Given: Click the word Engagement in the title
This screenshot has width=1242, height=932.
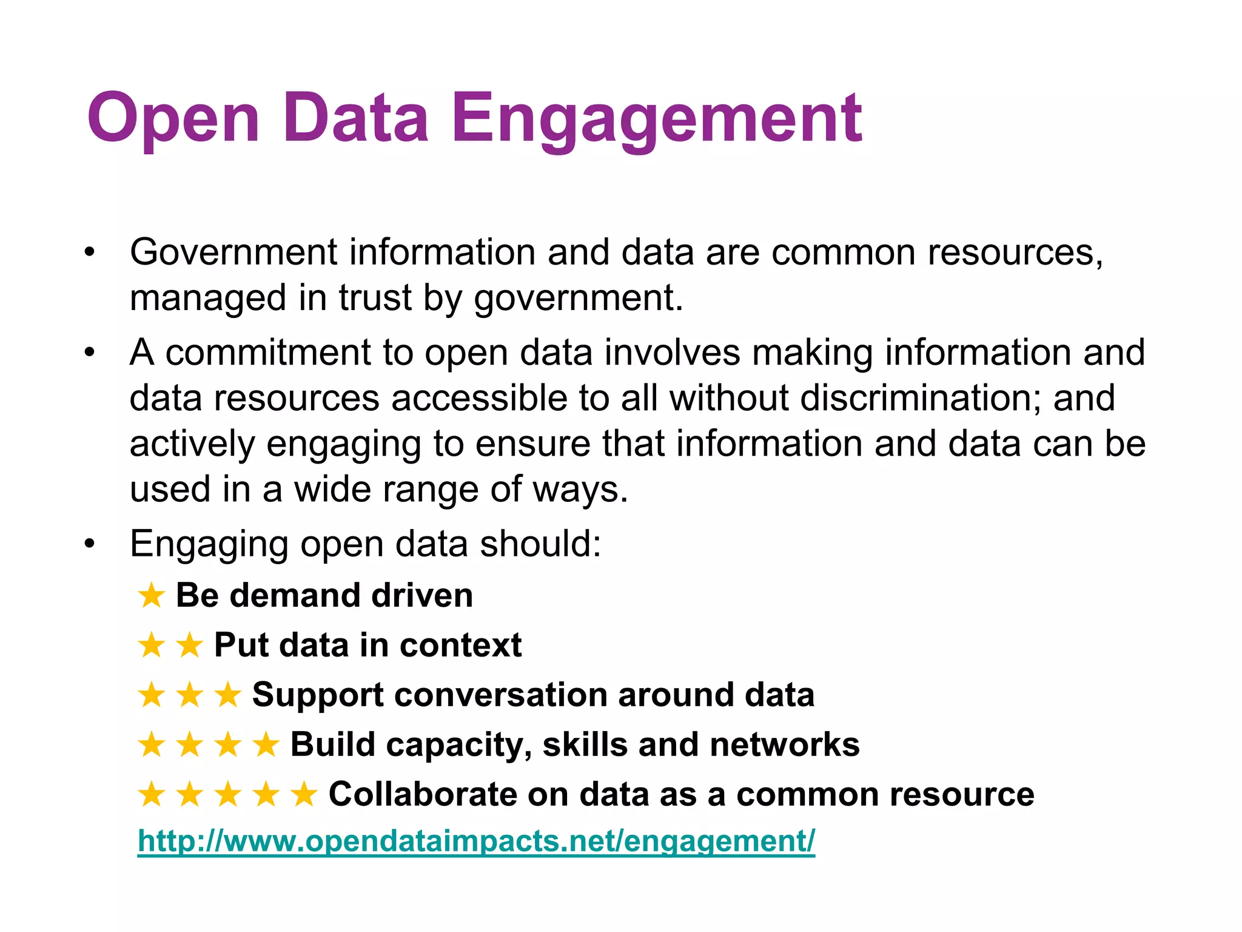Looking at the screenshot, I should (657, 118).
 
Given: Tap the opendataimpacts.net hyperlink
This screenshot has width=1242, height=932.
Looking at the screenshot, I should (476, 841).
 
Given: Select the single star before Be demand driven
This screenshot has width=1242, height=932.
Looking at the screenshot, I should (151, 596).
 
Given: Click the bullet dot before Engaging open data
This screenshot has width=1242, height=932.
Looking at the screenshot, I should (90, 544).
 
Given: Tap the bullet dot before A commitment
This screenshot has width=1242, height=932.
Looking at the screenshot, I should (90, 352).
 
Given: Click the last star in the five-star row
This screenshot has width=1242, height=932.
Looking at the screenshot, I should (304, 794).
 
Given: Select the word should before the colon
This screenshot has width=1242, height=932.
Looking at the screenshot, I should (539, 544).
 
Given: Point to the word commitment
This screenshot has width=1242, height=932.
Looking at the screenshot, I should (267, 352).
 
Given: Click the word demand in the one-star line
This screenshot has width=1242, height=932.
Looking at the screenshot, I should (295, 596).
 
